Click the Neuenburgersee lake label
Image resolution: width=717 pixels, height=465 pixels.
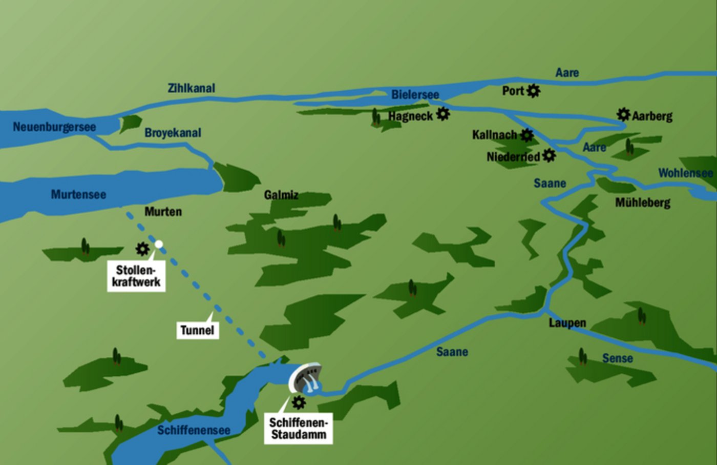54,127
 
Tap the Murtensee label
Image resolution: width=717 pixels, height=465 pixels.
78,194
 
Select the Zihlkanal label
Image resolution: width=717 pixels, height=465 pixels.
192,88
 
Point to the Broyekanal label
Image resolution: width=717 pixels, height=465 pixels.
173,133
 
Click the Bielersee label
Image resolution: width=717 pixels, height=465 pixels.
415,95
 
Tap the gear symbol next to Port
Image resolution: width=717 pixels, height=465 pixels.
534,91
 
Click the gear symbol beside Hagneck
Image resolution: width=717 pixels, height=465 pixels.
443,114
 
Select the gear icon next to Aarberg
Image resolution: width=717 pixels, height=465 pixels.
623,114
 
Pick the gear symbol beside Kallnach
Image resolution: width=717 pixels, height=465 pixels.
526,135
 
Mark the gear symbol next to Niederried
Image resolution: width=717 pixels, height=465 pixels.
549,155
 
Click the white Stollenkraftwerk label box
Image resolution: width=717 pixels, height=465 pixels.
136,276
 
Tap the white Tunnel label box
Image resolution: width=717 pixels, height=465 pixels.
197,330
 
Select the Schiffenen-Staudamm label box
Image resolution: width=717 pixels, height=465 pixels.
299,429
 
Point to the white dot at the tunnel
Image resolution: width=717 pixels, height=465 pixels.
159,244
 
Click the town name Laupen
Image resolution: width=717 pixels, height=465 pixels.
567,323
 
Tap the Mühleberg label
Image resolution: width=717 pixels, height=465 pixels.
642,203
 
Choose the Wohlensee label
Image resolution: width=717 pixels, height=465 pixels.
685,173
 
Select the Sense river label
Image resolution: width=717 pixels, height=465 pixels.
617,358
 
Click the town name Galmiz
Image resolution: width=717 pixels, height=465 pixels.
281,195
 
